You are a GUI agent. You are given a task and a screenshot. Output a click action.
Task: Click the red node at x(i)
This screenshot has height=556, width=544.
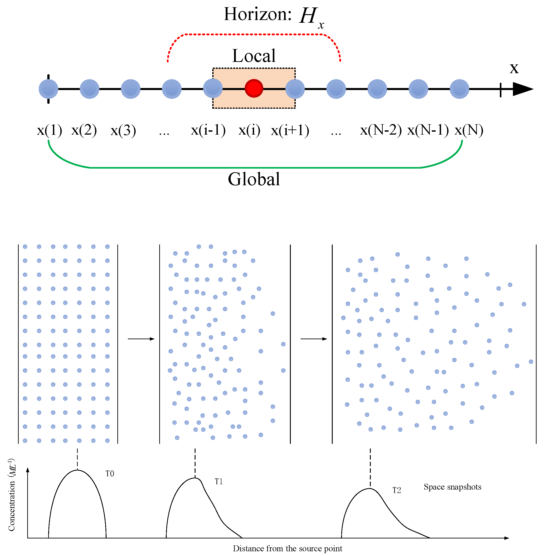(254, 88)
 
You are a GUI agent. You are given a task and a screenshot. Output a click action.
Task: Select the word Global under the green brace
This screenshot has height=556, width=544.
(254, 179)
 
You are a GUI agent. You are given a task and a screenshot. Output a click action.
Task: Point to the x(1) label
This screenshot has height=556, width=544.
(49, 131)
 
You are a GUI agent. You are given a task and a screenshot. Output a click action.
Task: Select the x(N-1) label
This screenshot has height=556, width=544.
(428, 131)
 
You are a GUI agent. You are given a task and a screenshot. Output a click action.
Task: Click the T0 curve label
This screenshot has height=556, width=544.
(110, 474)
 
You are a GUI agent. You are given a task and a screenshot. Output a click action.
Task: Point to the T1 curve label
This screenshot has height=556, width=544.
(219, 482)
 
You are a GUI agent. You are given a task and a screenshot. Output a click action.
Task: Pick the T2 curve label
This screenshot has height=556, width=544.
(397, 490)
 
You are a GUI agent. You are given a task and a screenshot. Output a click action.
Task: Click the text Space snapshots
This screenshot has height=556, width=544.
(452, 487)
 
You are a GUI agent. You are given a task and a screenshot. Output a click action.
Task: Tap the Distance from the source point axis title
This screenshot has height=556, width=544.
(287, 549)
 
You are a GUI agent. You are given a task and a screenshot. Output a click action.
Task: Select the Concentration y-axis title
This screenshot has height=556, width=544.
(11, 495)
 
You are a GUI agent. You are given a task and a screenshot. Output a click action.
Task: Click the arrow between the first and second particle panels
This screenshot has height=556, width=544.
(141, 339)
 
